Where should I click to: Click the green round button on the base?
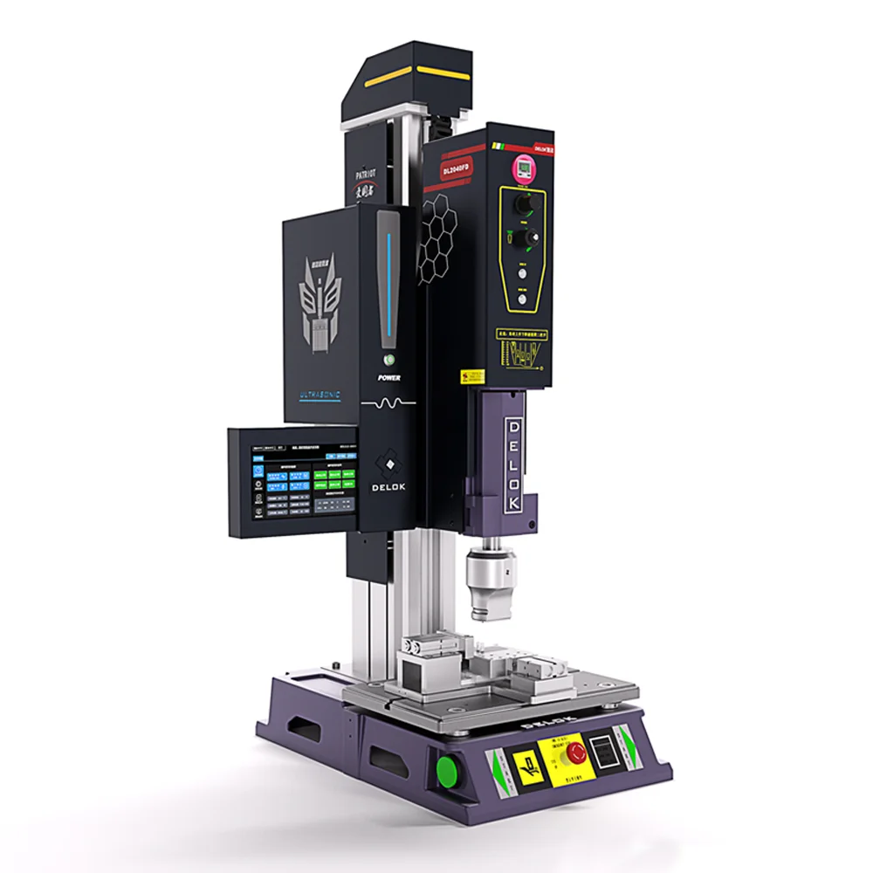[449, 771]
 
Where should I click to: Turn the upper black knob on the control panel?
[524, 204]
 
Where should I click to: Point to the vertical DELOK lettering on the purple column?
[514, 464]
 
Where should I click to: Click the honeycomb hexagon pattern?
[443, 230]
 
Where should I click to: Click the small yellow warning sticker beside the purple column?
[474, 377]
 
